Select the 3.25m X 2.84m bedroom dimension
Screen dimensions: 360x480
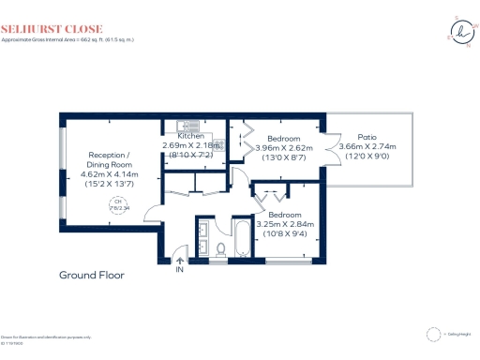[x=284, y=224]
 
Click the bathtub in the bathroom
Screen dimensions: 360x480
[x=241, y=238]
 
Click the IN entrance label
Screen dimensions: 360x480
[x=178, y=270]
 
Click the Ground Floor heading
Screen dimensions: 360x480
[x=91, y=276]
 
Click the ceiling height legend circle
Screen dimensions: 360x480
[x=432, y=332]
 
